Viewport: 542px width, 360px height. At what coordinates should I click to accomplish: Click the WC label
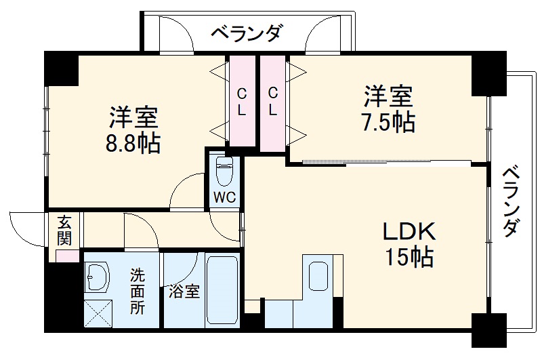[224, 197]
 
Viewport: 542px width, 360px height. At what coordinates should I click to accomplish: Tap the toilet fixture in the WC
[224, 169]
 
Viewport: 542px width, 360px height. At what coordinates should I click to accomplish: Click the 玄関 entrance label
[64, 231]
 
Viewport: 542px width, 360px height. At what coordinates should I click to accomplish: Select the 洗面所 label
[138, 292]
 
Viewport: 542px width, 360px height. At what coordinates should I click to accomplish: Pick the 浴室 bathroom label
[184, 292]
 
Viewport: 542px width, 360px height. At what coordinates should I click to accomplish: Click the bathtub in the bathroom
[222, 291]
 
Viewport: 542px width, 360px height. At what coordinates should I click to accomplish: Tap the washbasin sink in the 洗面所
[98, 277]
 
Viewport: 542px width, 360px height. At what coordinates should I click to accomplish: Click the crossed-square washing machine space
[98, 315]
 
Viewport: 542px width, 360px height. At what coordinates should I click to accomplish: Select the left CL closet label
[241, 100]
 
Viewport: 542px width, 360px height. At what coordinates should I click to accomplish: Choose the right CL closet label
[272, 100]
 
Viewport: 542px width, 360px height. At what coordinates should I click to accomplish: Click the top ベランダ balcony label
[245, 32]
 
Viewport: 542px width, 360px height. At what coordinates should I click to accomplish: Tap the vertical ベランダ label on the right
[513, 201]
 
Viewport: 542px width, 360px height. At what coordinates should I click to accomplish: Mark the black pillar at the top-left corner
[62, 68]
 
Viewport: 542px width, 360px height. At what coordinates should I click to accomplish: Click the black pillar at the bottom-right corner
[488, 330]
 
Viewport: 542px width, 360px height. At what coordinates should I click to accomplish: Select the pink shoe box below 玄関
[66, 256]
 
